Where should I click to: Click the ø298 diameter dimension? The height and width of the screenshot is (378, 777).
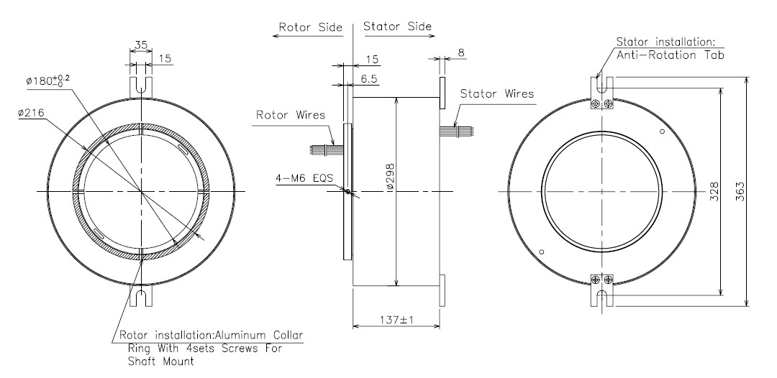(389, 173)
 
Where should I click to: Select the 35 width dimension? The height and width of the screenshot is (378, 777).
(140, 45)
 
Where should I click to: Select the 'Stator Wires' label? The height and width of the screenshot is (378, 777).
(497, 93)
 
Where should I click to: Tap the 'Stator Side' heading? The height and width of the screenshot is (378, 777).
(397, 26)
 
